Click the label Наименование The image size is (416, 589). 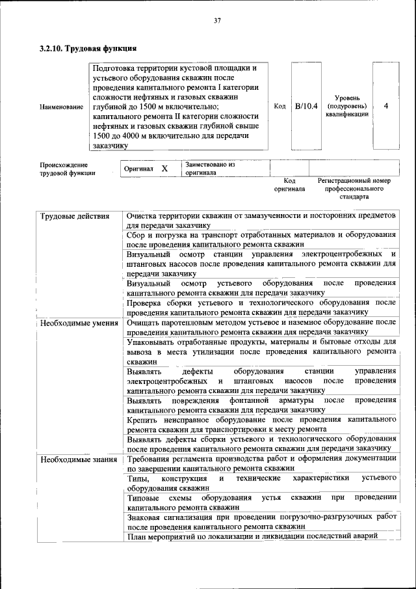click(61, 106)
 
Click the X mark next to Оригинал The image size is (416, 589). click(164, 169)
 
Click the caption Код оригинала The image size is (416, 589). click(290, 184)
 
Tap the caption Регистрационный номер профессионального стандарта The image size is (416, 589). click(354, 187)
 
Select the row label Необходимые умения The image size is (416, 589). click(79, 323)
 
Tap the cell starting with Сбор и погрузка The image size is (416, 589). click(261, 238)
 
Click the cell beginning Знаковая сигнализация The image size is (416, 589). click(261, 521)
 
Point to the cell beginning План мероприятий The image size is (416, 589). click(253, 536)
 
